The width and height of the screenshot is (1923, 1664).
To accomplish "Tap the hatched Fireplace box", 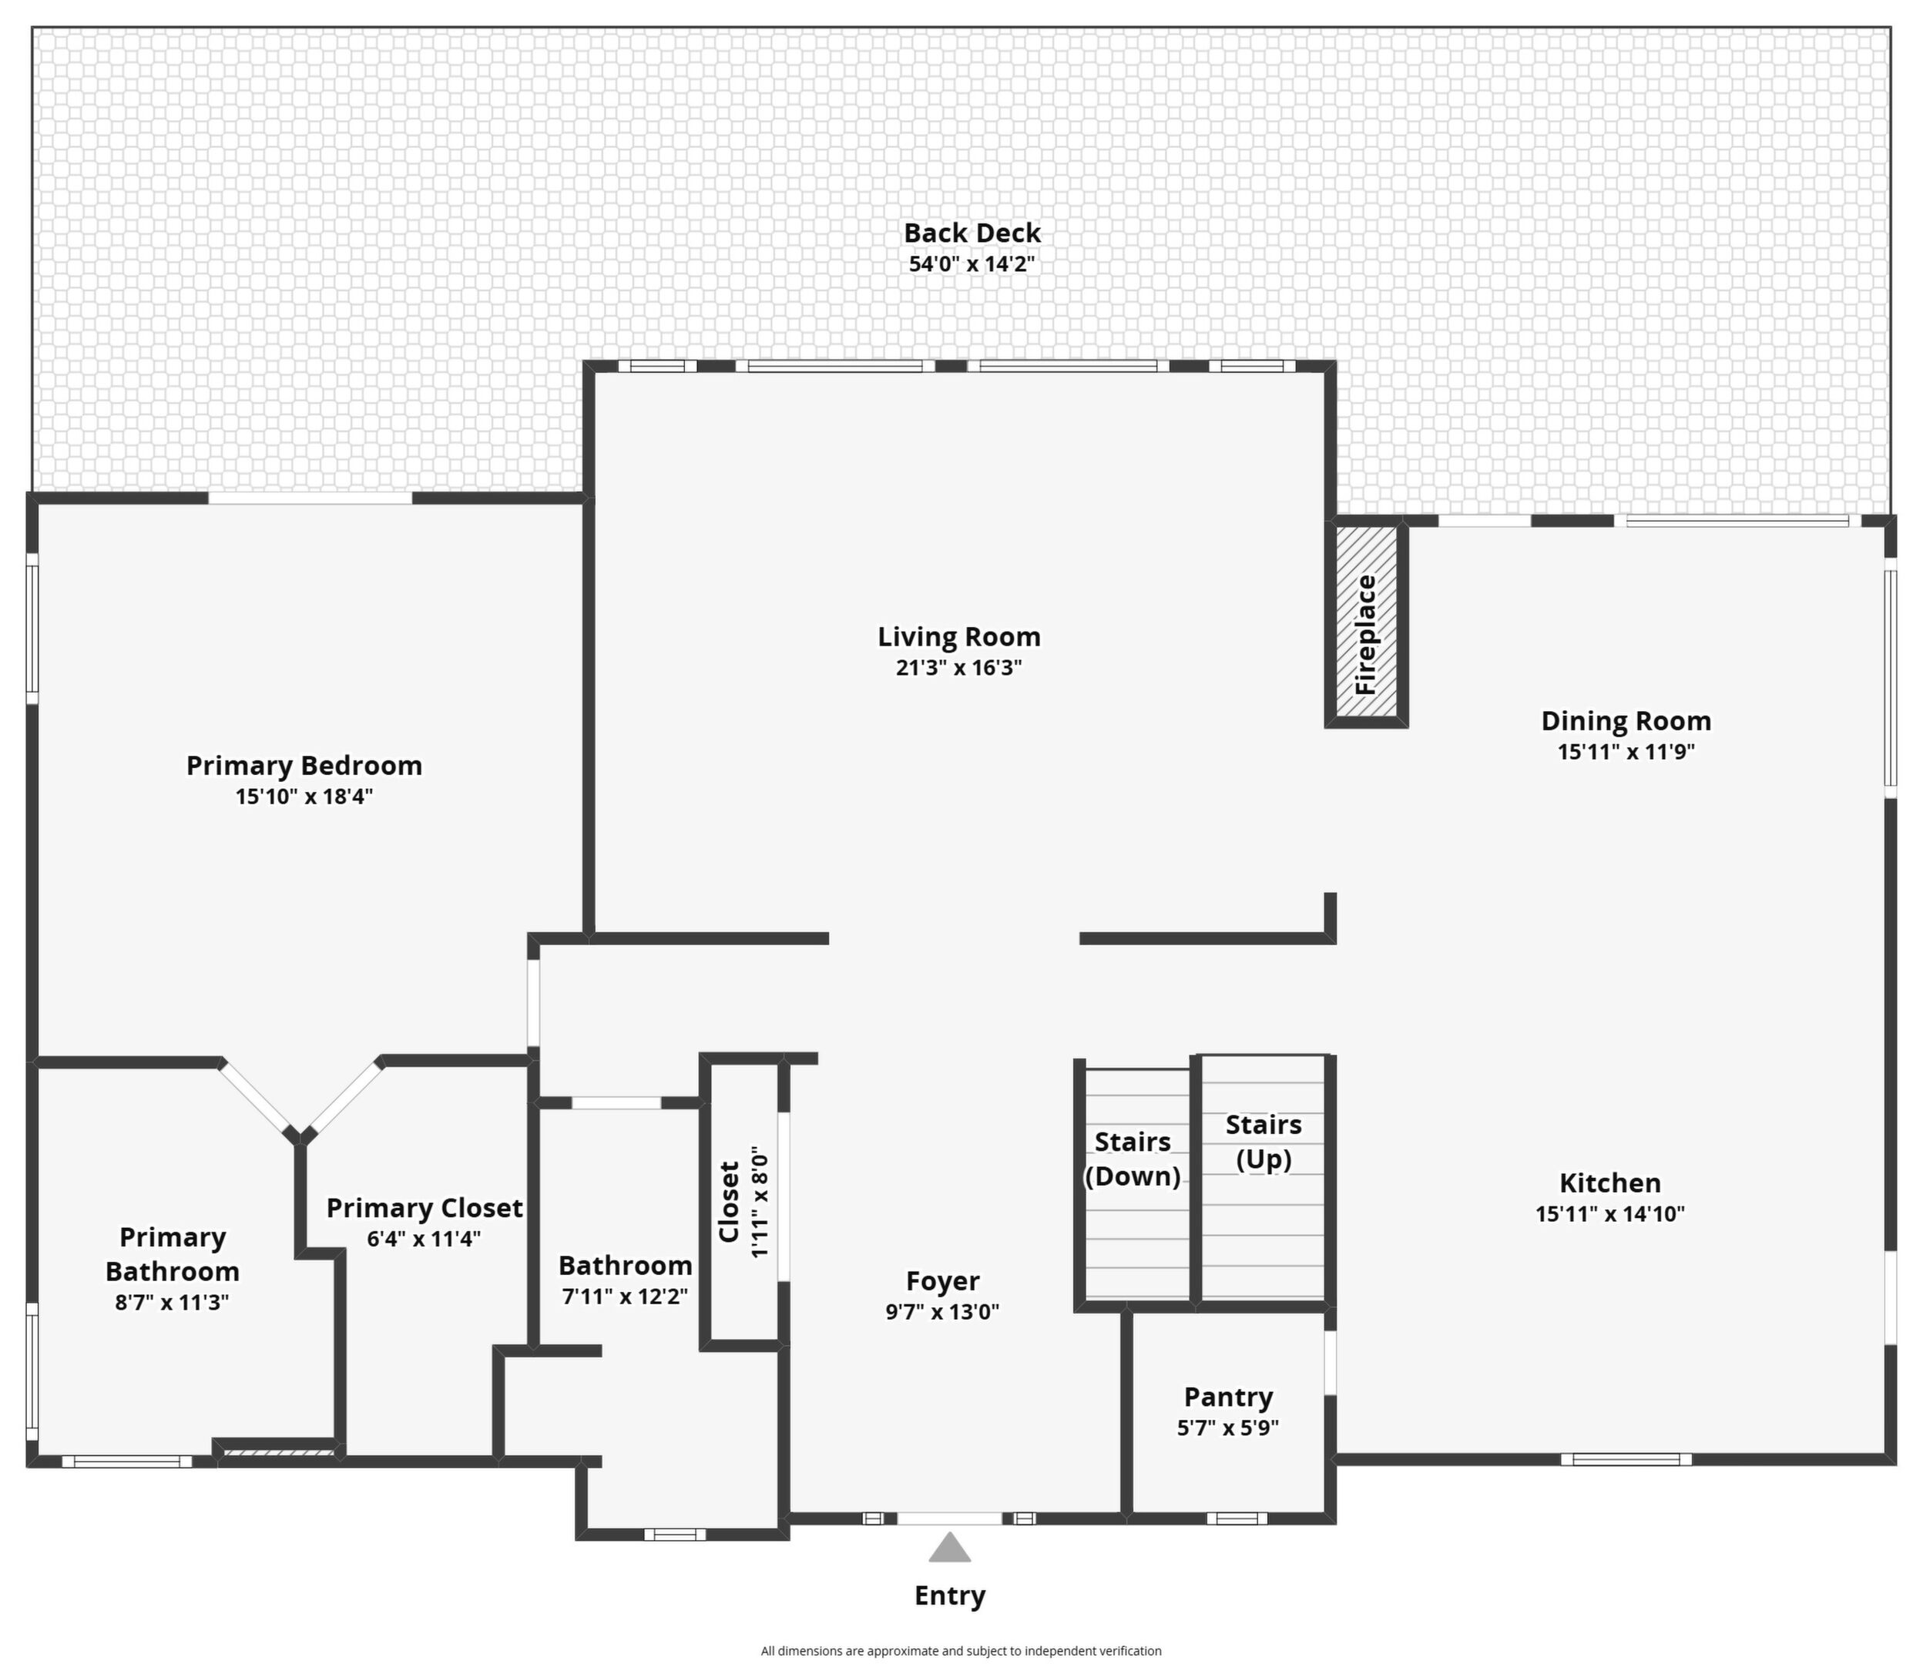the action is [1366, 623].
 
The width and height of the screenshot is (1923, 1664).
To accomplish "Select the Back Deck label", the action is [972, 233].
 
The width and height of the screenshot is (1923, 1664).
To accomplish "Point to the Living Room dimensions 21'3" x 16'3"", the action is [959, 668].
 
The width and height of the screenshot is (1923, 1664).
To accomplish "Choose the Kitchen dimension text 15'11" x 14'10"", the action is [1610, 1213].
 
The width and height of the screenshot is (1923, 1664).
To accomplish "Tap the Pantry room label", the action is [1228, 1397].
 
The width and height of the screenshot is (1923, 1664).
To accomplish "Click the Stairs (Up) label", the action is [1264, 1142].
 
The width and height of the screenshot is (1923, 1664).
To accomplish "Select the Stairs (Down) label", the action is [1133, 1159].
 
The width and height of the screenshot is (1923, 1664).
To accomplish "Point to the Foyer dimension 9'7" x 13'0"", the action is [942, 1312].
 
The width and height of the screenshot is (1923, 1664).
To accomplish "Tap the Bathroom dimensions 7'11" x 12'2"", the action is [625, 1297].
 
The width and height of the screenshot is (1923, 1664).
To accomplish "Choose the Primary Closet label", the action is [425, 1208].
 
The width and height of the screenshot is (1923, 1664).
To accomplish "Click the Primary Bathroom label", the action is [173, 1253].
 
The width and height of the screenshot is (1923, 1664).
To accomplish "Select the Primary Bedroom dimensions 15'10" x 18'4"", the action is [304, 797].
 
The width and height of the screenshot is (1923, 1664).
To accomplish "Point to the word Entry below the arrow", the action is [950, 1596].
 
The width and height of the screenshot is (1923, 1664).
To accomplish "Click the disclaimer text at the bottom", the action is [961, 1651].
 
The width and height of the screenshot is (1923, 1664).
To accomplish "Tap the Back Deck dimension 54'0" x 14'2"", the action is [972, 263].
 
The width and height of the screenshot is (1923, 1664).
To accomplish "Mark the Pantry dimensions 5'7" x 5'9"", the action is [1227, 1428].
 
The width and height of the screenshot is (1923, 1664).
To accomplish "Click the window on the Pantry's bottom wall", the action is [1237, 1519].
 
